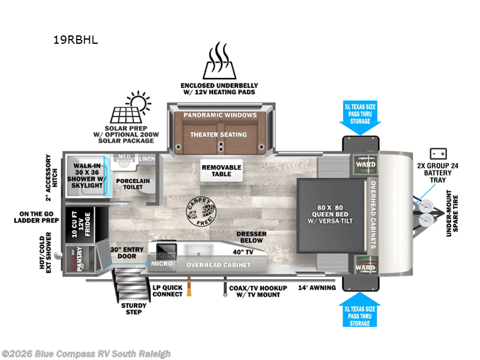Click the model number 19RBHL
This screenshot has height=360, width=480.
(x=76, y=41)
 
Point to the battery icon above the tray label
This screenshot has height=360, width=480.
(x=437, y=154)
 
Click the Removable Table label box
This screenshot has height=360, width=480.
(x=221, y=171)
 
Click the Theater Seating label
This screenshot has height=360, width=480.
(x=219, y=135)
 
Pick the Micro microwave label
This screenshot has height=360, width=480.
(x=162, y=263)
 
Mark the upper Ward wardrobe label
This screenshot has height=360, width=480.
(x=366, y=164)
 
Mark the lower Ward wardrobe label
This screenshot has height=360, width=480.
(x=366, y=267)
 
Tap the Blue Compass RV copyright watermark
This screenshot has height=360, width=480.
(x=86, y=354)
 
